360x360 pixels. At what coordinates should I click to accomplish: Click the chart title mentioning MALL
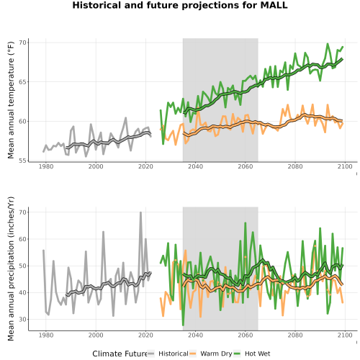180,5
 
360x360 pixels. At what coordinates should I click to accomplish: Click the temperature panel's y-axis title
11,100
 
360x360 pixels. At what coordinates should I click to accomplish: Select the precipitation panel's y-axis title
11,269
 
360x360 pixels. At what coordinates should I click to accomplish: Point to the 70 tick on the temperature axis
22,42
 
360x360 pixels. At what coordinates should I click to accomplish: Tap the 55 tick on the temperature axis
22,161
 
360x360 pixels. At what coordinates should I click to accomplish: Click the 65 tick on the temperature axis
22,82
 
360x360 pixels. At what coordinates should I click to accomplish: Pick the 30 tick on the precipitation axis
22,320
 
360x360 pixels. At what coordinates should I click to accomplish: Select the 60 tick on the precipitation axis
22,239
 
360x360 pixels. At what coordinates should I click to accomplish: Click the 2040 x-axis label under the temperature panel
195,166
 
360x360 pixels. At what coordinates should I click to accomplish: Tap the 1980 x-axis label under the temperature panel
46,166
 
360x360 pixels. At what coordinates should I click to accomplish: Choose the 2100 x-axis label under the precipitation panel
345,335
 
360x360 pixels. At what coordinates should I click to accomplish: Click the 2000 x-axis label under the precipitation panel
96,335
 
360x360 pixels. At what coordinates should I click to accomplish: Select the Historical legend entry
168,354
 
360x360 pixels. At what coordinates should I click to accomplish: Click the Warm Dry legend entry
211,354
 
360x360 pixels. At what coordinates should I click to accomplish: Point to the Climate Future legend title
120,354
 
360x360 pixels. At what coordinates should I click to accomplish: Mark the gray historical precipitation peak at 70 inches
141,212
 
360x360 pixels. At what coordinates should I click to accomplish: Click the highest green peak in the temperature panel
328,44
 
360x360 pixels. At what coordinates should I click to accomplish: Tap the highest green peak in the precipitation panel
246,223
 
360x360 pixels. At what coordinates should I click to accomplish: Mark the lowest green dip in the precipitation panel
183,325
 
